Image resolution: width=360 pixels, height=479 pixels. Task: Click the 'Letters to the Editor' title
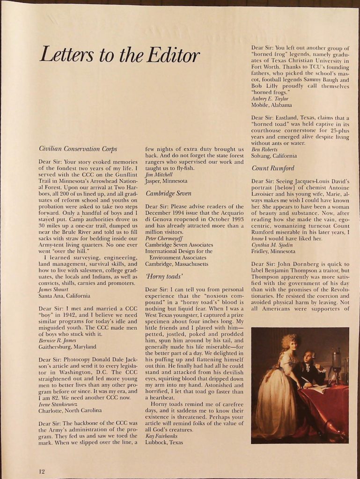click(119, 55)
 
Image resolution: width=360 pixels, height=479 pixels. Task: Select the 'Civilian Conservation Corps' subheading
click(78, 149)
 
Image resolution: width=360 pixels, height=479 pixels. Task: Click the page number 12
click(42, 471)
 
